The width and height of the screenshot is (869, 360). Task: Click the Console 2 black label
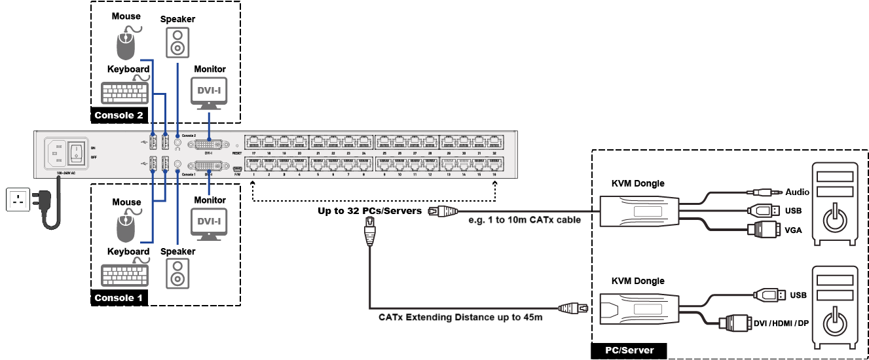pyautogui.click(x=119, y=116)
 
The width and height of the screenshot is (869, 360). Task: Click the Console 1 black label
pyautogui.click(x=119, y=298)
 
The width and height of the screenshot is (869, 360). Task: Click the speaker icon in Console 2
pyautogui.click(x=177, y=43)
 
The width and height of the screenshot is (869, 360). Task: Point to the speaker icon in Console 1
pyautogui.click(x=177, y=274)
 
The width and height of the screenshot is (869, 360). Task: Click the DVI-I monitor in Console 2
pyautogui.click(x=209, y=92)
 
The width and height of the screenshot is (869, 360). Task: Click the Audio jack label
pyautogui.click(x=797, y=192)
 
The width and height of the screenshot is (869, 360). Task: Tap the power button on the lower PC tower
pyautogui.click(x=834, y=323)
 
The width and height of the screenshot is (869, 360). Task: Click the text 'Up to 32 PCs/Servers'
pyautogui.click(x=369, y=211)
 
